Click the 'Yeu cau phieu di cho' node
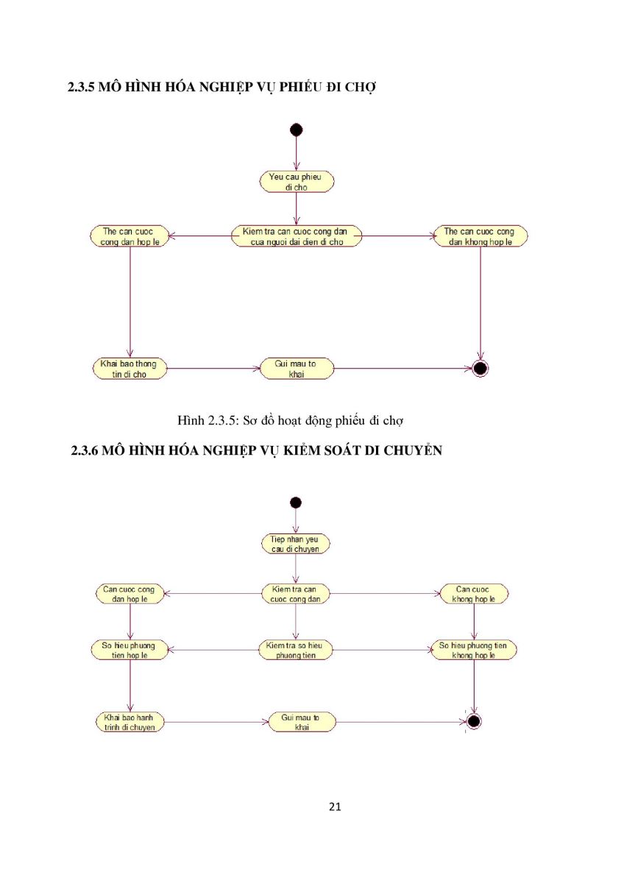tap(297, 182)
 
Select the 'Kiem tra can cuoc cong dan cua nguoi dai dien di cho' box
tap(296, 236)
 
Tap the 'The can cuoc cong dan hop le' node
tap(130, 236)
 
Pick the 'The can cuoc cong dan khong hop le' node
tap(480, 236)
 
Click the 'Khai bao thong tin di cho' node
tap(130, 369)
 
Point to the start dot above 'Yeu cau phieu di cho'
tap(296, 130)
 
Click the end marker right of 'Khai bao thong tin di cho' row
tap(480, 369)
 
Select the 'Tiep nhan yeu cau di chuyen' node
tap(296, 544)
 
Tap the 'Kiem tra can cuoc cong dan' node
tap(296, 594)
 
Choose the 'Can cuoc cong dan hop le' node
tap(130, 594)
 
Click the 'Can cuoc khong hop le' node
tap(474, 594)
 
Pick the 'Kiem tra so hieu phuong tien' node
tap(296, 650)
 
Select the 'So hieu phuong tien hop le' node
tap(130, 650)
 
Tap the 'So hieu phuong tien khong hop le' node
tap(473, 650)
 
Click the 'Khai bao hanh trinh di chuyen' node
tap(130, 722)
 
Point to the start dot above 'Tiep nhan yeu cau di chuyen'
tap(296, 502)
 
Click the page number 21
tap(335, 806)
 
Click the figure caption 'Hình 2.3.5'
tap(208, 420)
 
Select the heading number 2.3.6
tap(85, 450)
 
